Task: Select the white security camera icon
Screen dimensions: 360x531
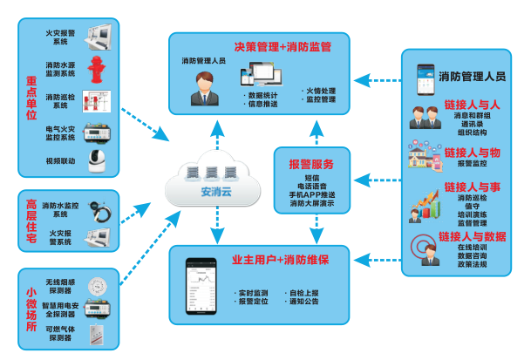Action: point(97,160)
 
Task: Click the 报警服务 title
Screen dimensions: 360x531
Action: point(310,164)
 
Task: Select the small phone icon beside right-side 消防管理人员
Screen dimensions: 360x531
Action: point(425,77)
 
